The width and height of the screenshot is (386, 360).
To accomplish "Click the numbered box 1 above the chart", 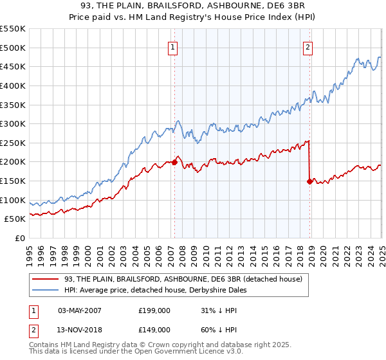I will coord(174,46).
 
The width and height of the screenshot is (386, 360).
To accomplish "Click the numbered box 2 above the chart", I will coord(308,46).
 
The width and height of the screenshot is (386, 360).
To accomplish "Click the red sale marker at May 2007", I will coord(174,163).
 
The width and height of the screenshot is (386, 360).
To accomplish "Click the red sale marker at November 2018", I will coord(310,181).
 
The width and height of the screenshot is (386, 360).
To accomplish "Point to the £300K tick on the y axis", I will coord(14,123).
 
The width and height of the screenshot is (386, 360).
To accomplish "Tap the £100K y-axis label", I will coord(14,200).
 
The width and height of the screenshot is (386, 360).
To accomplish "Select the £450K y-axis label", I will coord(14,66).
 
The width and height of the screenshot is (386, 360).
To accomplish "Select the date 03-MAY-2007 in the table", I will coord(80,310).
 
